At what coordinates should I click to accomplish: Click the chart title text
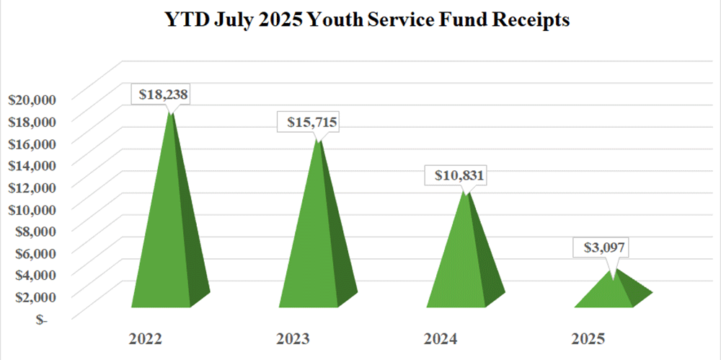coord(360,21)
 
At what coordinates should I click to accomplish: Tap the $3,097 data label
coord(602,248)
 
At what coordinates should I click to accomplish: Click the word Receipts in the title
coord(530,21)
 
